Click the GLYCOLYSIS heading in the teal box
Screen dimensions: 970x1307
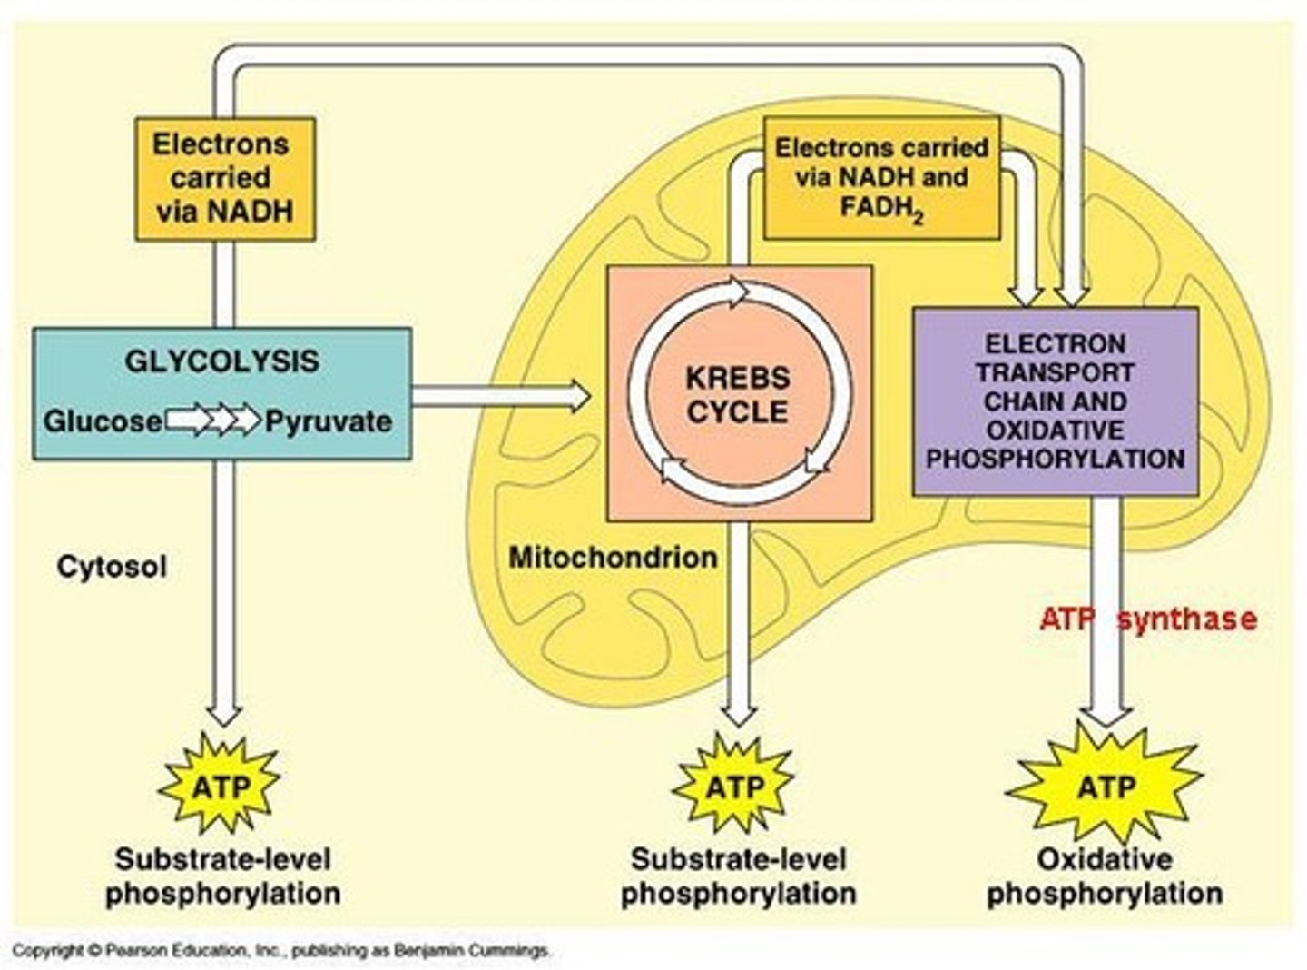221,361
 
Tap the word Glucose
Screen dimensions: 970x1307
103,421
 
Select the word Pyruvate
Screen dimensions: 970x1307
329,421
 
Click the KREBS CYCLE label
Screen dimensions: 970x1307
737,395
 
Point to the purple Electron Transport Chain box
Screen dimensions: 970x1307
1055,401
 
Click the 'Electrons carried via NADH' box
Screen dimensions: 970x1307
225,179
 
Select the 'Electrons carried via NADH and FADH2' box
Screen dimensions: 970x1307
881,179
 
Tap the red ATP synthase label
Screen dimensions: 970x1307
1148,619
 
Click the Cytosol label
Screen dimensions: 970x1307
112,567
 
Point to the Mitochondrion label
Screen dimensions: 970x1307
613,557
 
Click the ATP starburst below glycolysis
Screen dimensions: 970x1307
221,787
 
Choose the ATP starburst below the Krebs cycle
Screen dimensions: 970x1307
734,787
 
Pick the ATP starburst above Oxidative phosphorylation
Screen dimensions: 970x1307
1106,787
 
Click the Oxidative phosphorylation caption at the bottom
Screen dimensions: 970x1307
1105,876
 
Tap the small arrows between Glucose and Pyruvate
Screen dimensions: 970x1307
214,421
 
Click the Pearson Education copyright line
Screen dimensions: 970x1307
281,951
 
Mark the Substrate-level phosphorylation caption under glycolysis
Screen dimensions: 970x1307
223,876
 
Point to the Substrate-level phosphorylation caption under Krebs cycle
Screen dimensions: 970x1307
738,876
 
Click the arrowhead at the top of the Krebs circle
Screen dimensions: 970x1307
737,292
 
